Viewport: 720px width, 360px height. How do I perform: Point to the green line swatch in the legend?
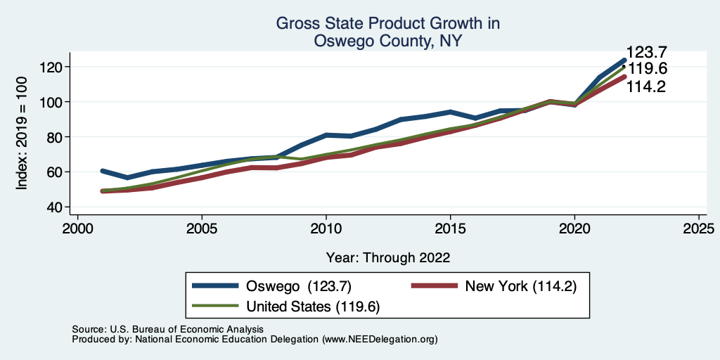[x=215, y=306]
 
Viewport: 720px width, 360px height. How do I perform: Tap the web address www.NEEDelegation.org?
[x=379, y=340]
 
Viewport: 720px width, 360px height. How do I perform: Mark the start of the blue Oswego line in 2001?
[x=103, y=171]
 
